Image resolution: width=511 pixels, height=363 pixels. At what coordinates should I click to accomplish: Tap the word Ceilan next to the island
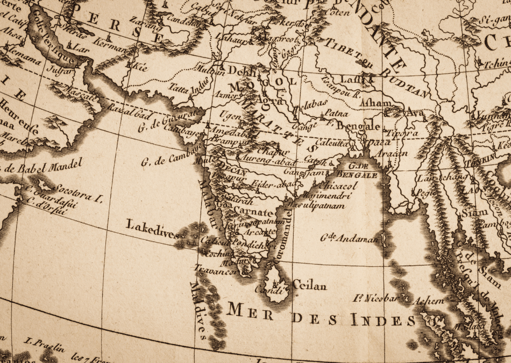pyautogui.click(x=309, y=286)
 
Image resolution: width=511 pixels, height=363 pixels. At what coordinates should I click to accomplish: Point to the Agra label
pyautogui.click(x=269, y=99)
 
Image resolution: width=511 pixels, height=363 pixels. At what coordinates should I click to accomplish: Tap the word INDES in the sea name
pyautogui.click(x=383, y=321)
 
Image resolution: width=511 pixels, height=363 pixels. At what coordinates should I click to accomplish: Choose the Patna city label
pyautogui.click(x=337, y=113)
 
